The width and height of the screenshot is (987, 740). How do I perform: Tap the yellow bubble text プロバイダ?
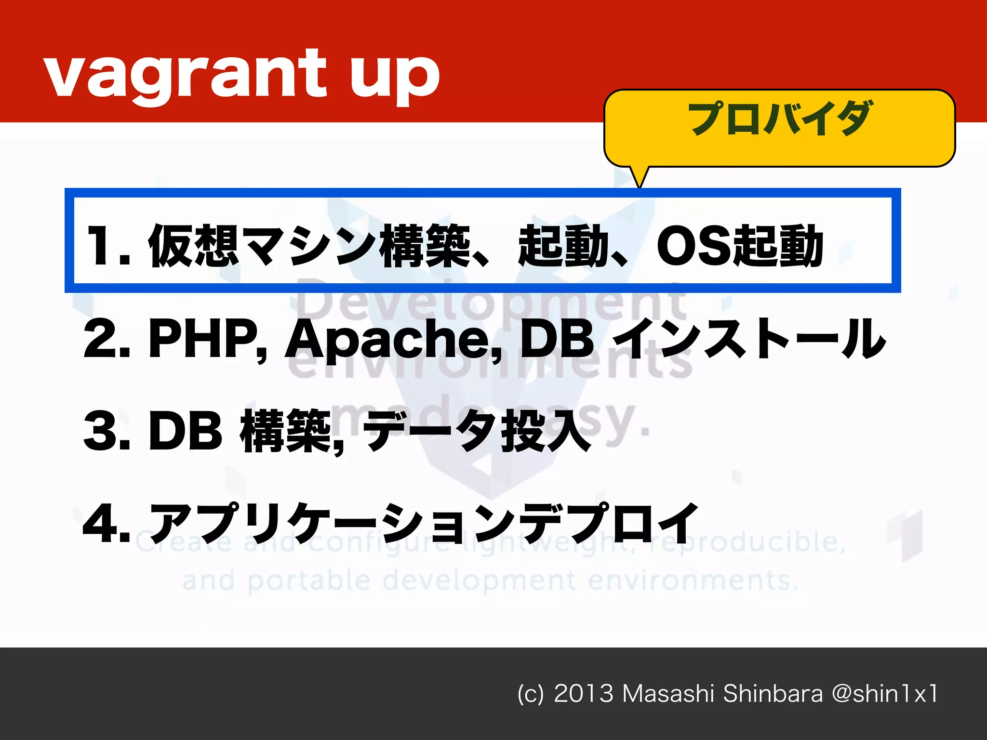point(779,119)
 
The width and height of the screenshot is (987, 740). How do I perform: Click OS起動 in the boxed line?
point(740,246)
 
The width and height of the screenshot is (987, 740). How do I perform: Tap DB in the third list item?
point(186,431)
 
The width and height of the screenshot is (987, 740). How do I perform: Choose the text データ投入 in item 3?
point(477,431)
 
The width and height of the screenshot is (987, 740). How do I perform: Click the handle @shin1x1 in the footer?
point(885,694)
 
